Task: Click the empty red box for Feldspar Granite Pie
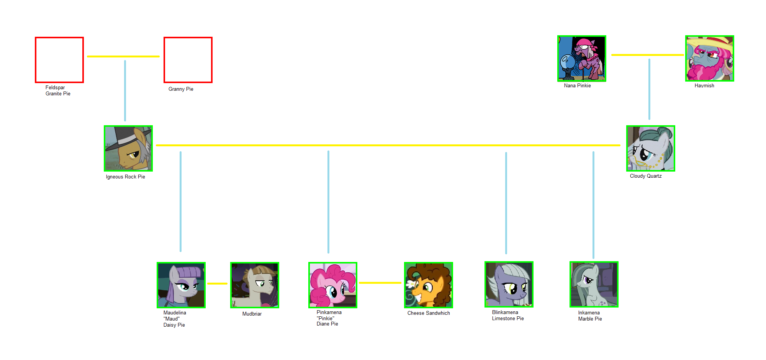tap(59, 60)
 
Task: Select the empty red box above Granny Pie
tap(188, 60)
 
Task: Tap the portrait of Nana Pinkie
tap(581, 59)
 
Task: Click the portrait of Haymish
tap(709, 59)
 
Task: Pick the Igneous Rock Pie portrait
tap(128, 148)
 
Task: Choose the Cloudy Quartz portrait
tap(650, 148)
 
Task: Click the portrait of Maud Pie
tap(181, 285)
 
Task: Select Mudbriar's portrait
tap(255, 285)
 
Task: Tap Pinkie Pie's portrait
tap(333, 285)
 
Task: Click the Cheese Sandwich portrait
tap(429, 285)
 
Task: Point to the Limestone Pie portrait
tap(509, 284)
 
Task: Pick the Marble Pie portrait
tap(594, 284)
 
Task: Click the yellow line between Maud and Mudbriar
tap(217, 283)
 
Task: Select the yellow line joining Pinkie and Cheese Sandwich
tap(380, 283)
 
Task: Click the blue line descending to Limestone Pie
tap(506, 203)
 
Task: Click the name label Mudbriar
tap(252, 314)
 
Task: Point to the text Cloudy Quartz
tap(646, 176)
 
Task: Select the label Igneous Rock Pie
tap(125, 177)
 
